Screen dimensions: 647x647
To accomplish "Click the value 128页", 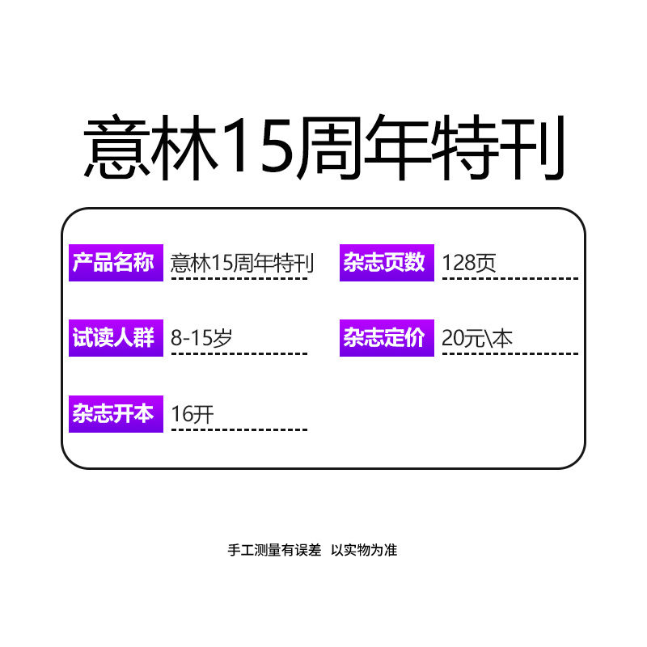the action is pyautogui.click(x=470, y=263).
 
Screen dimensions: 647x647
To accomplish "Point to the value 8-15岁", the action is pyautogui.click(x=201, y=338).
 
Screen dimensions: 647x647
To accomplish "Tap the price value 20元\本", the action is pyautogui.click(x=477, y=338).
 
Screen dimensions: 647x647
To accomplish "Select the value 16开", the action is pyautogui.click(x=192, y=414).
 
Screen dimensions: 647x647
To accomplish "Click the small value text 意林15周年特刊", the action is pyautogui.click(x=242, y=263).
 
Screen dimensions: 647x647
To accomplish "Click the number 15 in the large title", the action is pyautogui.click(x=257, y=150).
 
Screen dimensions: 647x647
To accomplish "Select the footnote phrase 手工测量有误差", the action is pyautogui.click(x=274, y=550).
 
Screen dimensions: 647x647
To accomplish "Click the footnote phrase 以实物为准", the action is pyautogui.click(x=364, y=550).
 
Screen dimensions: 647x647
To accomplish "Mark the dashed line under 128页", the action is pyautogui.click(x=510, y=278).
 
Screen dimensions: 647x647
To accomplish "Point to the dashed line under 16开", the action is pyautogui.click(x=239, y=429).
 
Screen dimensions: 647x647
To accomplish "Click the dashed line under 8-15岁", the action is pyautogui.click(x=239, y=353).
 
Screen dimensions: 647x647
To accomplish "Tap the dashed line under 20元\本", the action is pyautogui.click(x=510, y=353).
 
